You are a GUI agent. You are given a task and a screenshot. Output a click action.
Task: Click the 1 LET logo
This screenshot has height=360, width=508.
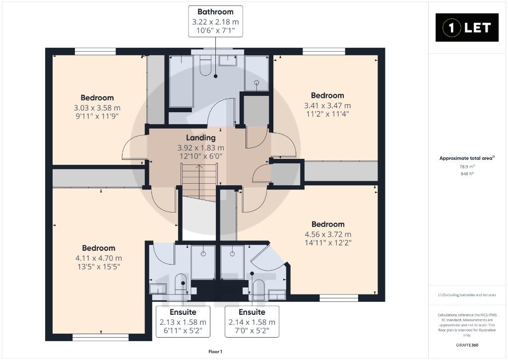[466, 28]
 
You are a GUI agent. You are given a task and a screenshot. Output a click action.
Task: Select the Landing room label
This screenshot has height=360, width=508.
[200, 138]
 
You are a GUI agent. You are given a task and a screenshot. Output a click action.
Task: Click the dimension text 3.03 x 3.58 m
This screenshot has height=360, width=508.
[97, 108]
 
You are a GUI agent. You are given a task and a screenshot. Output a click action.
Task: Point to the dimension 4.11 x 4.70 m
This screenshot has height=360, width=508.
[99, 258]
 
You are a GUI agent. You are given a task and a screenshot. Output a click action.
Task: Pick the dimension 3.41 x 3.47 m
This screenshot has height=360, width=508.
[327, 105]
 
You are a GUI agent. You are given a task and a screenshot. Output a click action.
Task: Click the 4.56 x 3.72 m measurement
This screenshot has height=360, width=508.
[328, 234]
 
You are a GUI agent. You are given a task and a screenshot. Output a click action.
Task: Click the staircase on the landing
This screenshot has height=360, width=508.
[198, 183]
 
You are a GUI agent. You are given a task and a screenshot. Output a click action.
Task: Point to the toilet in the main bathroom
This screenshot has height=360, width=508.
[205, 66]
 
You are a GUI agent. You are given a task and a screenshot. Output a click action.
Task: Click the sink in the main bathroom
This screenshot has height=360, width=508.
[228, 61]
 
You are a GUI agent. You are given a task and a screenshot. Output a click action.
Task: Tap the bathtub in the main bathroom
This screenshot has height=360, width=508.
[181, 81]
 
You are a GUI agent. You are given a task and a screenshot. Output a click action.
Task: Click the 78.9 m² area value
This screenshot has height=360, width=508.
[467, 166]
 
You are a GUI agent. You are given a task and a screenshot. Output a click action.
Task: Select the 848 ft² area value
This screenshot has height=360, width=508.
[467, 174]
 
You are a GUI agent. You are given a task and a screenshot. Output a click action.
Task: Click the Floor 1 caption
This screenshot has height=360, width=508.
[215, 352]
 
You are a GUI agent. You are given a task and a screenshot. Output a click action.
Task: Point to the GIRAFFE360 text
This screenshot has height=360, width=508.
[467, 345]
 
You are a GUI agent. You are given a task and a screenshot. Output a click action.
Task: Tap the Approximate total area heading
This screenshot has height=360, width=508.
[467, 158]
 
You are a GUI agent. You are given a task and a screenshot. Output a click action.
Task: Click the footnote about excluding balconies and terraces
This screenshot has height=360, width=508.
[467, 295]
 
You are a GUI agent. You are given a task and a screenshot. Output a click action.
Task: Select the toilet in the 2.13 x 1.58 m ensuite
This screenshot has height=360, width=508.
[181, 283]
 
